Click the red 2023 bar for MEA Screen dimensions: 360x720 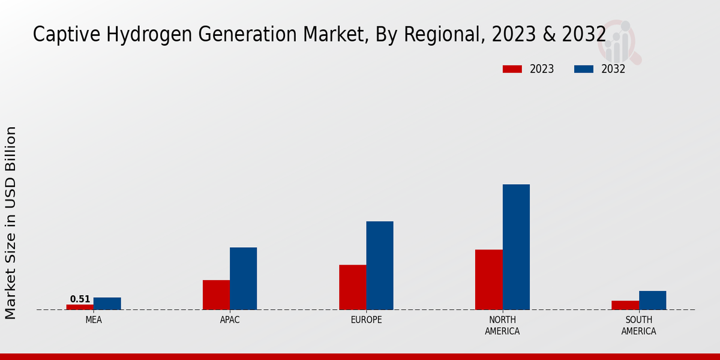[x=80, y=307]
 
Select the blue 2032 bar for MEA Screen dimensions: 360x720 [x=107, y=304]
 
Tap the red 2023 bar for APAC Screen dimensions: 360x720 [x=216, y=295]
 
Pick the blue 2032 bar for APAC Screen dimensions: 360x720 [x=244, y=278]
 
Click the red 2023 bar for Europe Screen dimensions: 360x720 [x=353, y=287]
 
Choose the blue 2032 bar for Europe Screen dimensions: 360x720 [x=380, y=265]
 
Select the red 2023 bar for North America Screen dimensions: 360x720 [x=489, y=280]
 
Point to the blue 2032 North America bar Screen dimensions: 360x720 [x=516, y=247]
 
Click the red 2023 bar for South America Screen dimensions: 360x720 [x=625, y=305]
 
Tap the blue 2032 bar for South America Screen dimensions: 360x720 [x=652, y=301]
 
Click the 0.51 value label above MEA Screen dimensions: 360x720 [x=80, y=299]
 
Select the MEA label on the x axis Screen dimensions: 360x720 [x=94, y=320]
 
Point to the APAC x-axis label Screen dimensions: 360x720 [x=230, y=320]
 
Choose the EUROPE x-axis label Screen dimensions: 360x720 [x=366, y=320]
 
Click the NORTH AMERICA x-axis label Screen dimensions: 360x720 [x=503, y=325]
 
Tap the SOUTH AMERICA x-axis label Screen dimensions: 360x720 [x=638, y=325]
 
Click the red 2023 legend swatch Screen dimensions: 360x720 [x=512, y=69]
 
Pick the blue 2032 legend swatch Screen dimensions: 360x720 [x=584, y=69]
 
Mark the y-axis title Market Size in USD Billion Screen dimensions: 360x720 [x=11, y=222]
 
